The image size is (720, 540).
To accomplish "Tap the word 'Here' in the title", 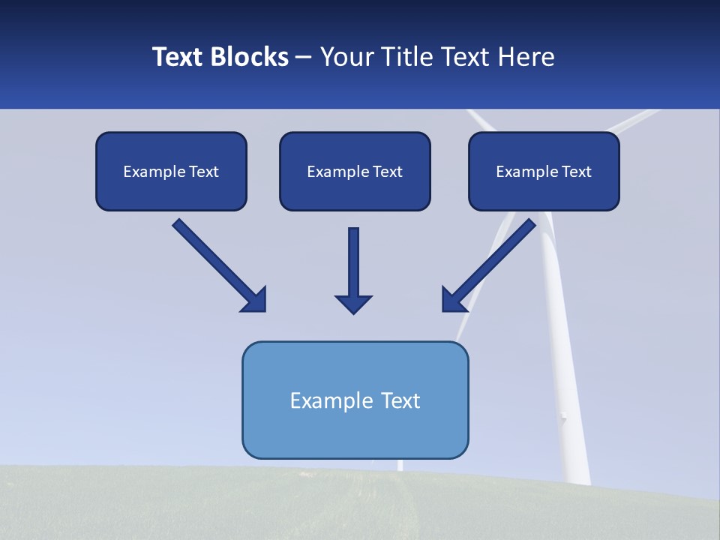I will tap(526, 57).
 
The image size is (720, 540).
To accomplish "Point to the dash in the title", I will tap(304, 58).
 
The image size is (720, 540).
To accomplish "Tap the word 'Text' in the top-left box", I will tap(204, 172).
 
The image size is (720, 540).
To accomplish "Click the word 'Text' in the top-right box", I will tap(576, 172).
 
